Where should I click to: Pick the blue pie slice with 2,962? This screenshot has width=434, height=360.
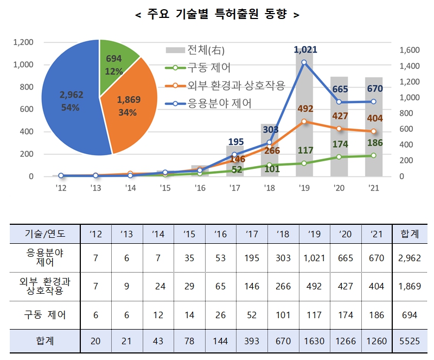(71, 101)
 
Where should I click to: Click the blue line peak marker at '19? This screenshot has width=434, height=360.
(304, 62)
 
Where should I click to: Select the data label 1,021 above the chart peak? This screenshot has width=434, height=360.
(305, 50)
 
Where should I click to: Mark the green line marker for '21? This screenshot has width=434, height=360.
(373, 155)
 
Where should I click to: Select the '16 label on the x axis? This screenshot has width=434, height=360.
(200, 188)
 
